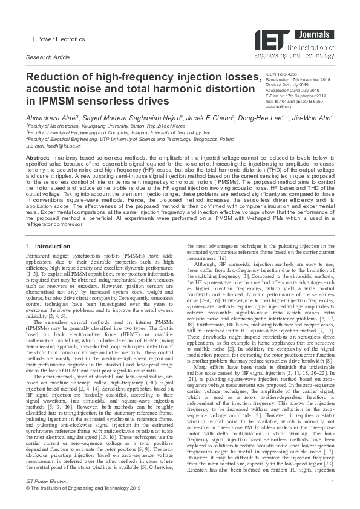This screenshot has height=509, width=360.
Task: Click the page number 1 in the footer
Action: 333,496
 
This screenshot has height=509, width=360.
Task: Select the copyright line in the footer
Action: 83,502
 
